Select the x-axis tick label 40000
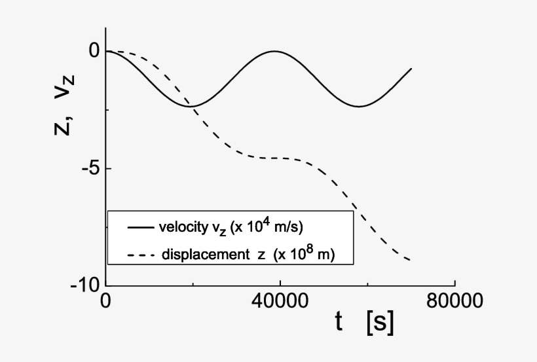tap(280, 302)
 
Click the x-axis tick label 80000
tap(455, 302)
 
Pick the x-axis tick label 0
tap(105, 302)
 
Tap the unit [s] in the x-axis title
tap(380, 321)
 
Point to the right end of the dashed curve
tap(411, 261)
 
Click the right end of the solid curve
tap(411, 68)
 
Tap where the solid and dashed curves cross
tap(193, 106)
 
